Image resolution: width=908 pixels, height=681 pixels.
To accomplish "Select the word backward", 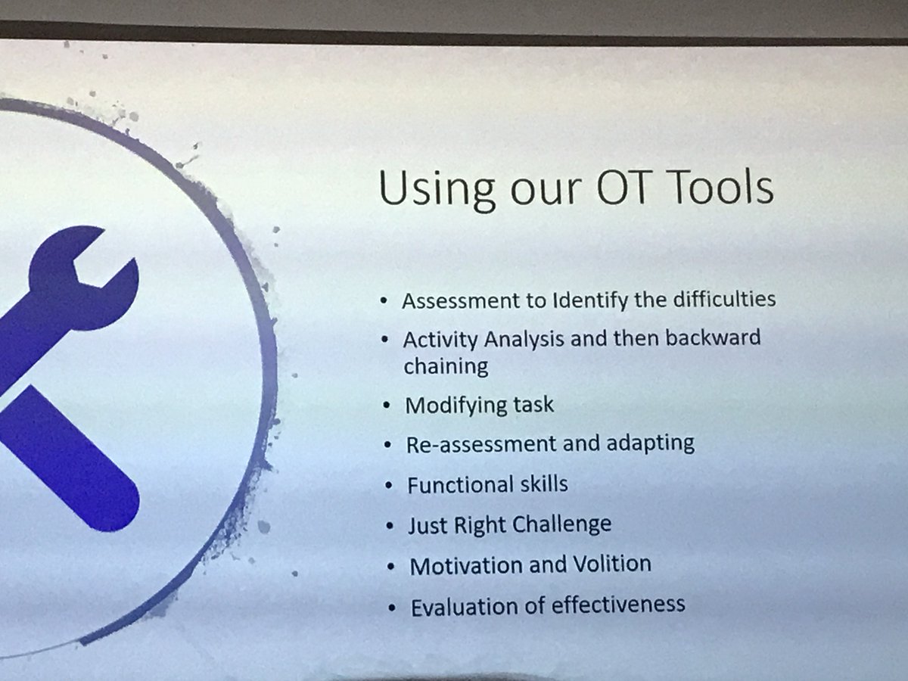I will [713, 337].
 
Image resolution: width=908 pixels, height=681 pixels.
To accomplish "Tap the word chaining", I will [446, 366].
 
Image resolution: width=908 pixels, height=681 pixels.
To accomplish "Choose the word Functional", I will [458, 484].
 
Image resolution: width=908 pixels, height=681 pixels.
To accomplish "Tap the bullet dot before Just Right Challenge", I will [390, 524].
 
